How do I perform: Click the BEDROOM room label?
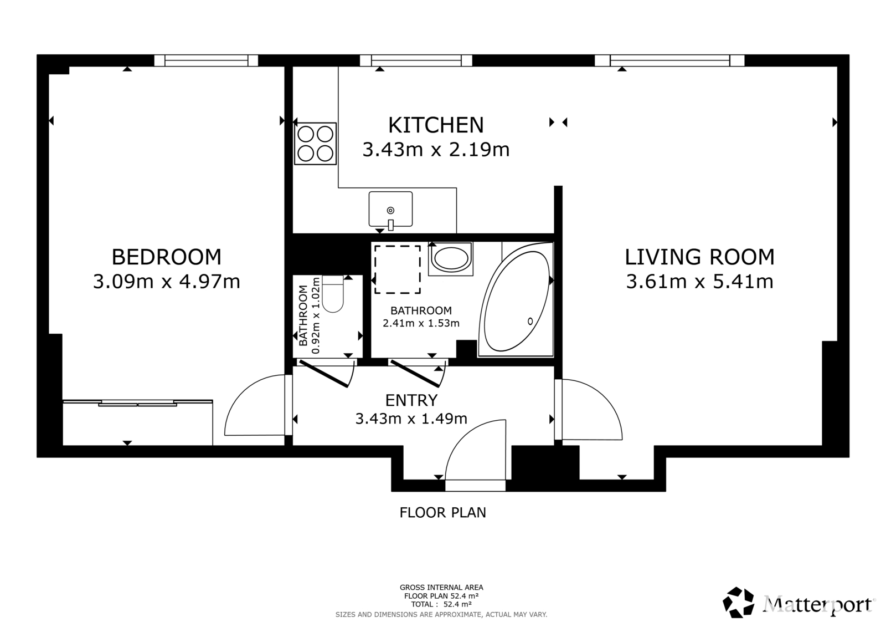167,257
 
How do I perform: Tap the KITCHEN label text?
436,125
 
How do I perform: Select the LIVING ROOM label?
699,257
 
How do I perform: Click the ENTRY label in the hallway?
411,400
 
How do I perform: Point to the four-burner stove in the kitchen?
315,144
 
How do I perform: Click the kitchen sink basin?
390,209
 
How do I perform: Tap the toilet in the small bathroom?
333,294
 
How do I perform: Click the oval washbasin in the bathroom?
451,258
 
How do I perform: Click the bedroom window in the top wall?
206,60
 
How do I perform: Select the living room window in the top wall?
669,60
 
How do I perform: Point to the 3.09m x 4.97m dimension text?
167,282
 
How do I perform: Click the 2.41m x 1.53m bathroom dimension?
421,323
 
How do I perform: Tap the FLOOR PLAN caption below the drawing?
442,513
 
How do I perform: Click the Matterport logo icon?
738,603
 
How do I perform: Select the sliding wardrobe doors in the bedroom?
137,403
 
